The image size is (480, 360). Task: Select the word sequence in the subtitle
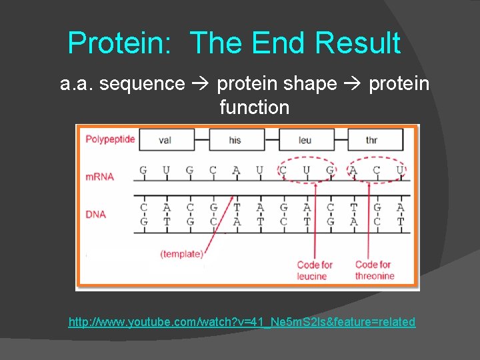(x=141, y=84)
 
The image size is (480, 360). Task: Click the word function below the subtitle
(x=254, y=107)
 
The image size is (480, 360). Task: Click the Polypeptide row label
(x=110, y=139)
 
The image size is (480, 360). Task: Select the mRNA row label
(x=99, y=177)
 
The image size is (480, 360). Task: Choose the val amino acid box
(x=166, y=140)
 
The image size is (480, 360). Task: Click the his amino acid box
(x=235, y=140)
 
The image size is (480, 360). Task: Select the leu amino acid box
(x=305, y=140)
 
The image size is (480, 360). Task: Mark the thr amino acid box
(x=372, y=140)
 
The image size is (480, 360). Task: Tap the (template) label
(x=181, y=253)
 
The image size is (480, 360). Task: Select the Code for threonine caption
(x=374, y=270)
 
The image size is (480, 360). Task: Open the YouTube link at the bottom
(x=241, y=322)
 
